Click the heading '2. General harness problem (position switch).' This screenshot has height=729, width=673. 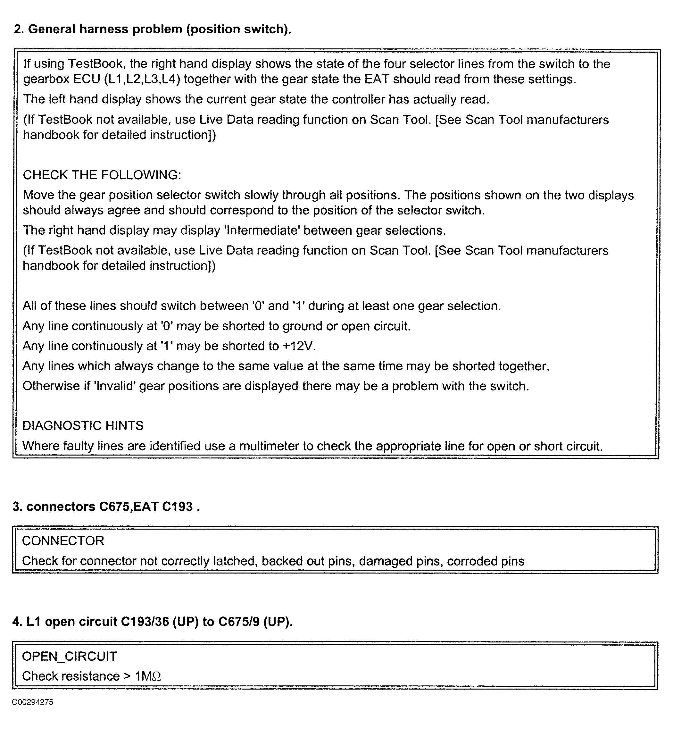(153, 29)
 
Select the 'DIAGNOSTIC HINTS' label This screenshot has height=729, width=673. (83, 425)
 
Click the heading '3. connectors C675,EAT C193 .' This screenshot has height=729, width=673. (106, 507)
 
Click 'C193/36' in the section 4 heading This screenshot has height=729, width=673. (145, 622)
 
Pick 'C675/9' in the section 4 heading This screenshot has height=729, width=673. (238, 622)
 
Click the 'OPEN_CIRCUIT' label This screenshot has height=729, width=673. (70, 656)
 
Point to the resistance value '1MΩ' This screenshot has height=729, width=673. (148, 676)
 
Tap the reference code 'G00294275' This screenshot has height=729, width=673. (32, 702)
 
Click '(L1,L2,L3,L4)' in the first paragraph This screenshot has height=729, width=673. (142, 79)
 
